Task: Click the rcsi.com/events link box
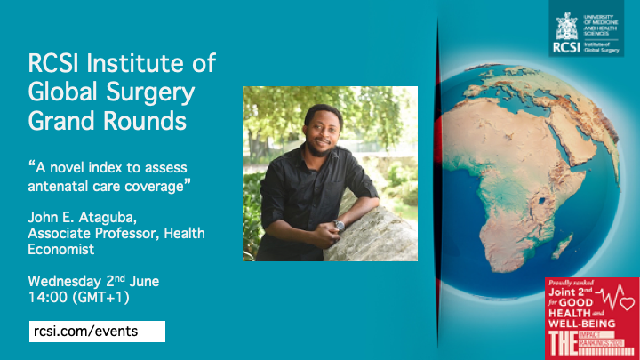click(x=96, y=332)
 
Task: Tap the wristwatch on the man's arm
click(x=339, y=226)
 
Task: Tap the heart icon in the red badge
click(x=628, y=306)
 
